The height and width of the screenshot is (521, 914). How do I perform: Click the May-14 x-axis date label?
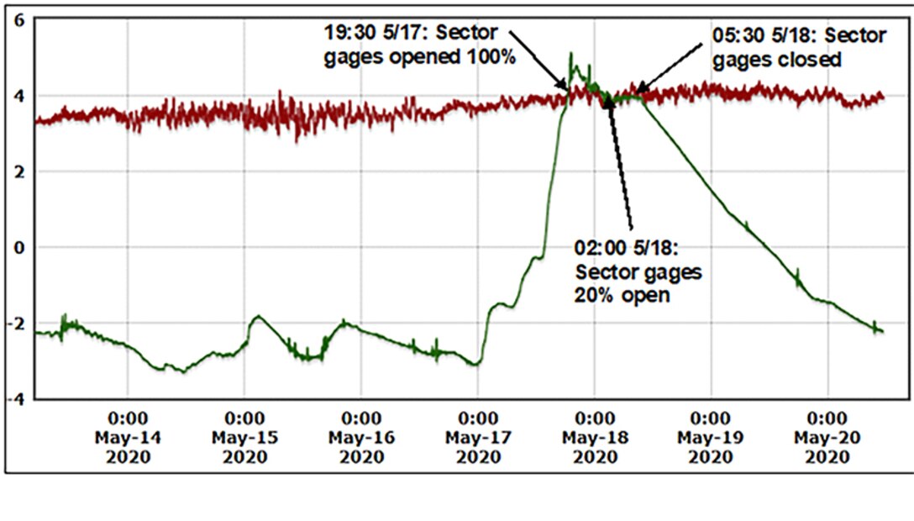(x=128, y=438)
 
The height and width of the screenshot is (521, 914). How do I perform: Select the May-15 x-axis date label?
(x=244, y=438)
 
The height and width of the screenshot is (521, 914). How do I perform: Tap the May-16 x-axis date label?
(x=361, y=438)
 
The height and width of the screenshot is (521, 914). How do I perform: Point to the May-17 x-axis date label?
(x=477, y=438)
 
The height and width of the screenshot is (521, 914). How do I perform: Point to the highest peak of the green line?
(x=571, y=55)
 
